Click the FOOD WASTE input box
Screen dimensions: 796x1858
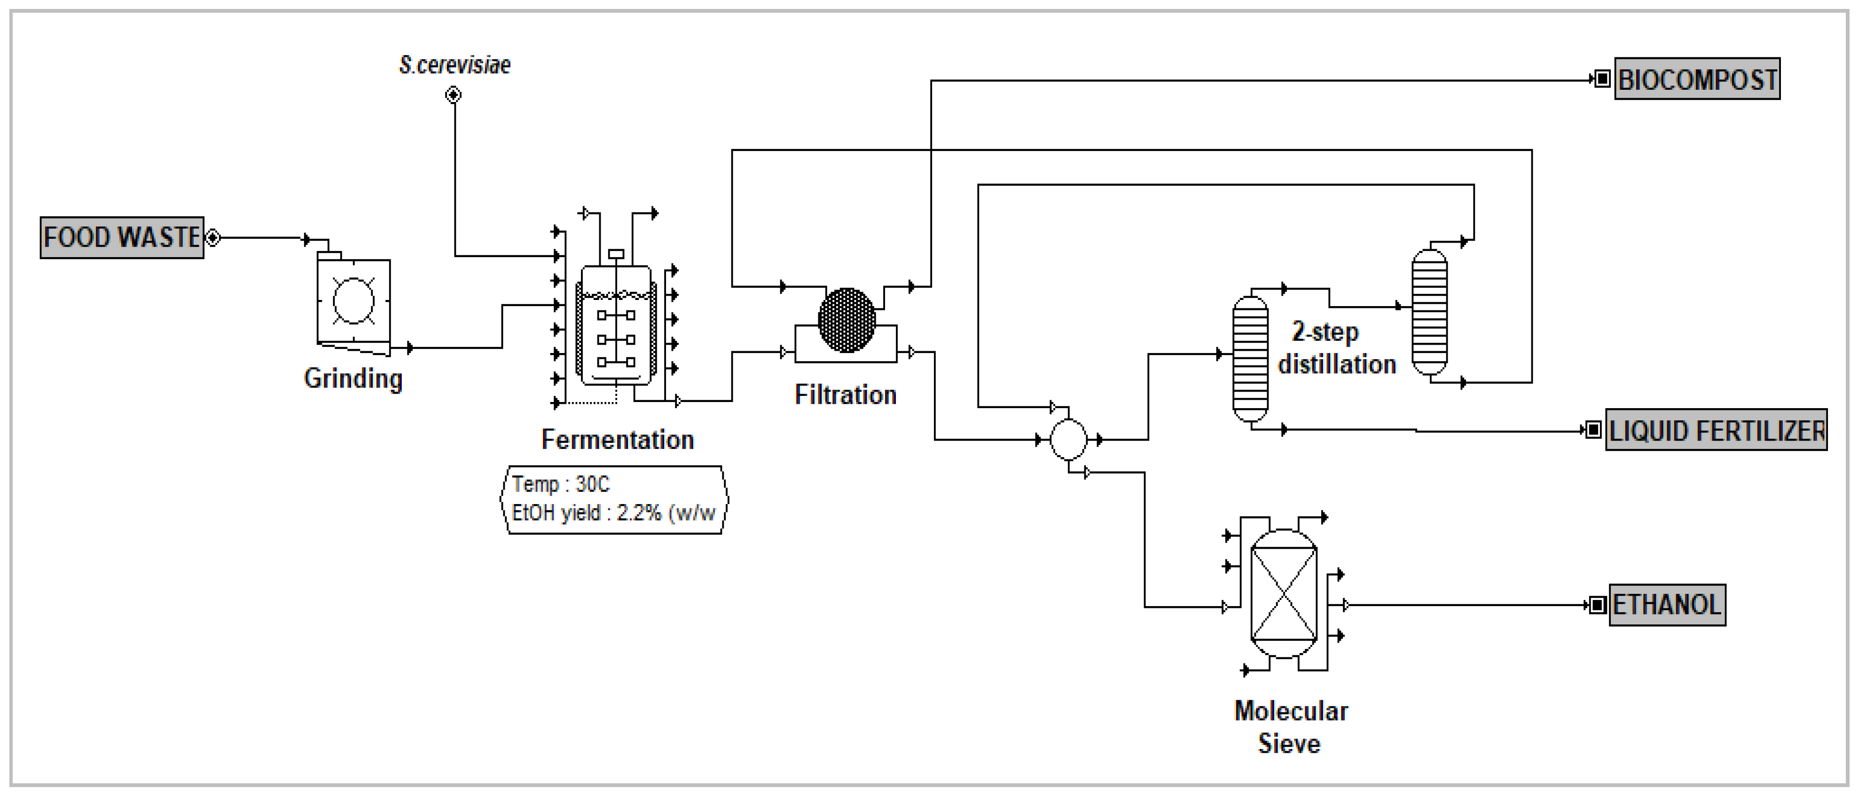point(121,237)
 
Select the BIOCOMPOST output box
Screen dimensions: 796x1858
point(1696,79)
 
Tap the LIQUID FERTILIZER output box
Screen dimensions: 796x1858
point(1716,430)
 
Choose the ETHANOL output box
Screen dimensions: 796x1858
point(1667,605)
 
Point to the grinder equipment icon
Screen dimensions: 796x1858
point(353,302)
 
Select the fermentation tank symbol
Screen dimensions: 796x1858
point(616,325)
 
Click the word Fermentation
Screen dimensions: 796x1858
point(618,440)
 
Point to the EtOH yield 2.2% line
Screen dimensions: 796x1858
point(613,513)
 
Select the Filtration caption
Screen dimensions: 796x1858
point(845,395)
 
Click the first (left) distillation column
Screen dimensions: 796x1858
point(1250,359)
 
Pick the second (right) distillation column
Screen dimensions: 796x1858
point(1429,312)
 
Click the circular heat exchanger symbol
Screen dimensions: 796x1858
point(1068,439)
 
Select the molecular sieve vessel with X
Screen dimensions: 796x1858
point(1283,594)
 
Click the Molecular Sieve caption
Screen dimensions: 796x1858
point(1290,727)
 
